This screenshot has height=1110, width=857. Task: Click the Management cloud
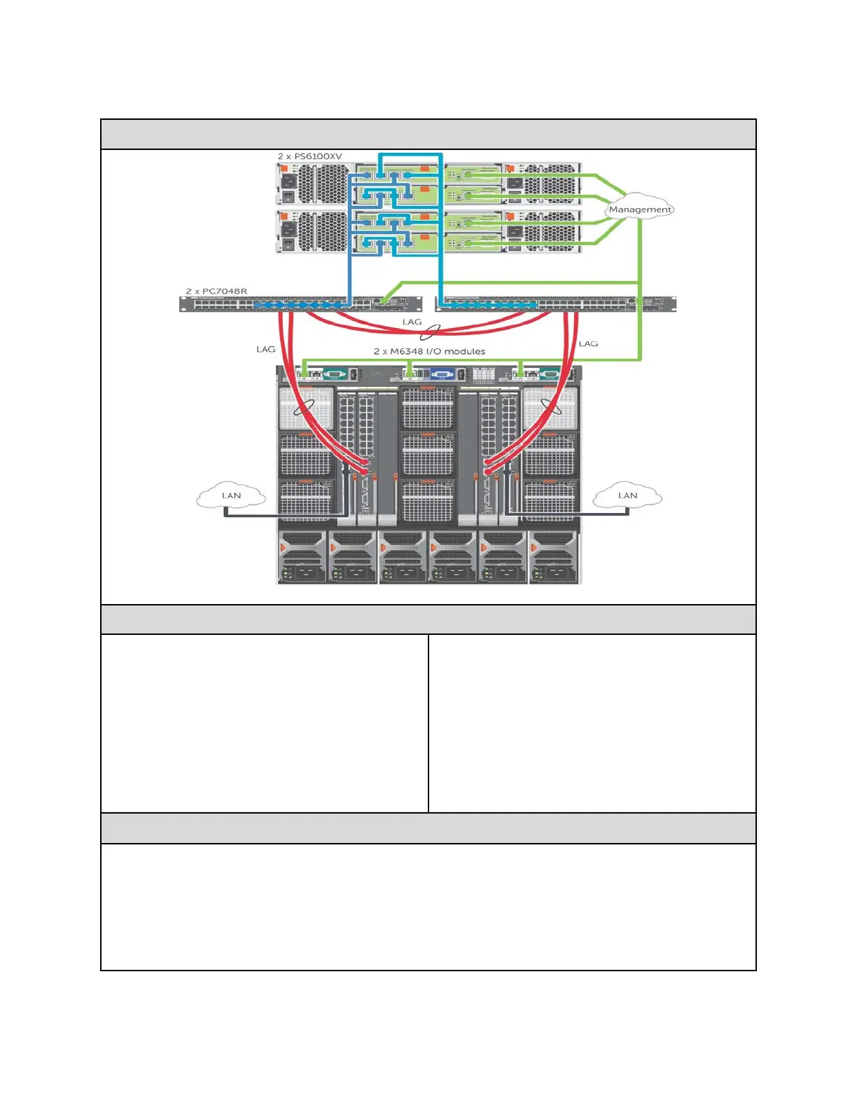[639, 208]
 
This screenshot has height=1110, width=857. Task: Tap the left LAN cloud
[231, 495]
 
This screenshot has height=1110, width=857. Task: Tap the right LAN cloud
[627, 495]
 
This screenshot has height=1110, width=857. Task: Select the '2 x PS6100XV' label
[309, 156]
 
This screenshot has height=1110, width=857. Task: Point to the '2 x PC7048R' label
[216, 291]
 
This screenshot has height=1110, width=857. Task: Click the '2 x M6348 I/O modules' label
[429, 351]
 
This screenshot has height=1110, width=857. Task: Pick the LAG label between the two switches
[412, 322]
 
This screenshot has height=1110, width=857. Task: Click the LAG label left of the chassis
[265, 349]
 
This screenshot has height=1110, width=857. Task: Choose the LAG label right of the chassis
[588, 343]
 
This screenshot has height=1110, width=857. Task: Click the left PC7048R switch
[301, 304]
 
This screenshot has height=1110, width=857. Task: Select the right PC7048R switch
[556, 304]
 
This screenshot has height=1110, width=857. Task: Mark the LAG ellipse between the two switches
[430, 331]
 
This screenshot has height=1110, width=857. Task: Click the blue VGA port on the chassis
[443, 374]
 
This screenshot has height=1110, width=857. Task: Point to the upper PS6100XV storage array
[428, 184]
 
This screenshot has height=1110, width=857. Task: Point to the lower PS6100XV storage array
[428, 231]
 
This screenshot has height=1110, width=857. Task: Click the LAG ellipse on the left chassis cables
[303, 406]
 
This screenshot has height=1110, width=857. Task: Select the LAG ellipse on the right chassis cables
[552, 406]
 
